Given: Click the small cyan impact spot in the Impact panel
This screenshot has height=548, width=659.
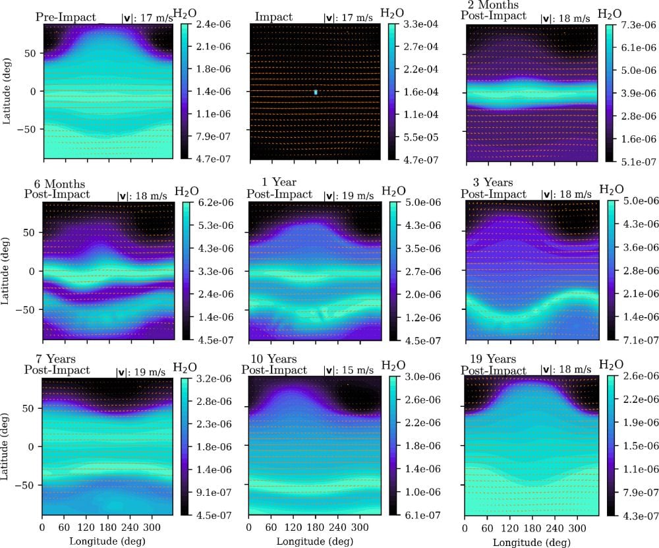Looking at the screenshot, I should click(x=316, y=92).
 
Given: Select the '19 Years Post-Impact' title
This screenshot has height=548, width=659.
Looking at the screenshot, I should click(x=495, y=365).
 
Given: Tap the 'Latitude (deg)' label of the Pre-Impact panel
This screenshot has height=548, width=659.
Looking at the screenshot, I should click(x=7, y=92).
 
